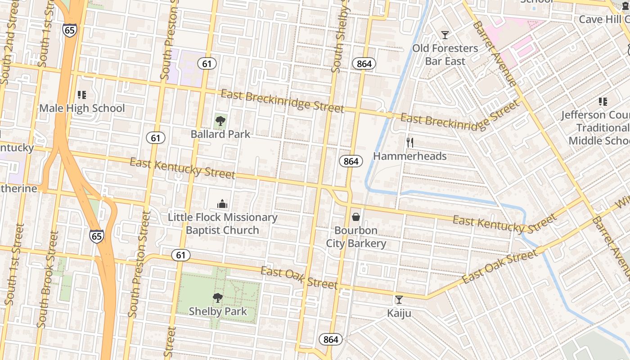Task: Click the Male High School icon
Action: pos(81,94)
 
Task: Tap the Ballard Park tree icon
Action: pos(220,121)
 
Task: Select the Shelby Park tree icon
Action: pos(217,297)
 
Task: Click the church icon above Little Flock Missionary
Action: pos(222,204)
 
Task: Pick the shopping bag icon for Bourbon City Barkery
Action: pos(356,217)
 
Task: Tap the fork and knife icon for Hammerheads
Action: pos(409,143)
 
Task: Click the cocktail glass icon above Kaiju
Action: pos(399,300)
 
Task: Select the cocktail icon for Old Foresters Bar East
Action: pos(445,35)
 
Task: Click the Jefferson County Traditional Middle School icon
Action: pos(603,102)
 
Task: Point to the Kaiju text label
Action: pos(399,313)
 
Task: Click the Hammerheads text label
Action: pos(410,156)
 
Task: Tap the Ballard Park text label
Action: pos(220,134)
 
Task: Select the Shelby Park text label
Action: pos(218,311)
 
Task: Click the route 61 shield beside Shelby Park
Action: pos(180,255)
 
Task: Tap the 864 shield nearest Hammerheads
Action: pos(351,161)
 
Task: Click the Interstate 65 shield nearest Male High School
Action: pos(70,30)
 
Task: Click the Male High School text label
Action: pos(82,108)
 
